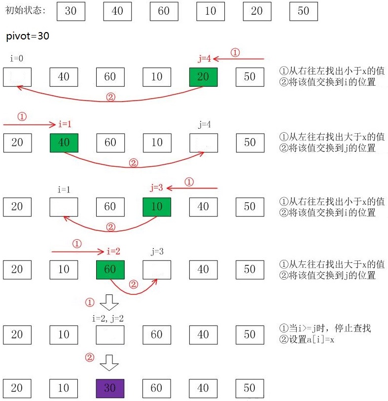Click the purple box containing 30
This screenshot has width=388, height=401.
coord(110,388)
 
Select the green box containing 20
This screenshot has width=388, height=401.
coord(203,77)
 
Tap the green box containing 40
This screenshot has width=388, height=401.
coord(64,142)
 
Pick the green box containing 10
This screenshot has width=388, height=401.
coord(157,207)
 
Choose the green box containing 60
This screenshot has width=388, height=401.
coord(110,269)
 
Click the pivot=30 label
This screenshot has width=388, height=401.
coord(28,36)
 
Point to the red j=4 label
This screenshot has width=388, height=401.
coord(204,59)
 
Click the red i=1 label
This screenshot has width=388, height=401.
coord(65,124)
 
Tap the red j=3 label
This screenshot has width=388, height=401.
coord(157,188)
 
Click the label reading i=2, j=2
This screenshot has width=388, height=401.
coord(107,319)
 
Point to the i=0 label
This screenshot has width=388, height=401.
coord(17,59)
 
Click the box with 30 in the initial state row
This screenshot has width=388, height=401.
coord(71,11)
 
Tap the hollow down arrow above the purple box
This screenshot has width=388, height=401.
coord(109,364)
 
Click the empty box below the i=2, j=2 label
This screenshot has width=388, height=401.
coord(110,334)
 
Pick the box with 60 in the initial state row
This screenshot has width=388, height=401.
coord(164,11)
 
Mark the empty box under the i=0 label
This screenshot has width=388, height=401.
coord(17,77)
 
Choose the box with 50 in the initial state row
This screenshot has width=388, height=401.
coord(303,11)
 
